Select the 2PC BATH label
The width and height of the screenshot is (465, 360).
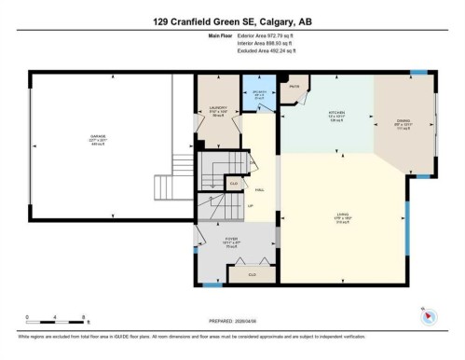(x=262, y=92)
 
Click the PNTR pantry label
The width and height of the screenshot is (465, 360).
(x=294, y=86)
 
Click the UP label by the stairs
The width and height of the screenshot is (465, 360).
(x=252, y=206)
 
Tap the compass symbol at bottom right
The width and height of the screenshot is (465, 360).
(x=428, y=315)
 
